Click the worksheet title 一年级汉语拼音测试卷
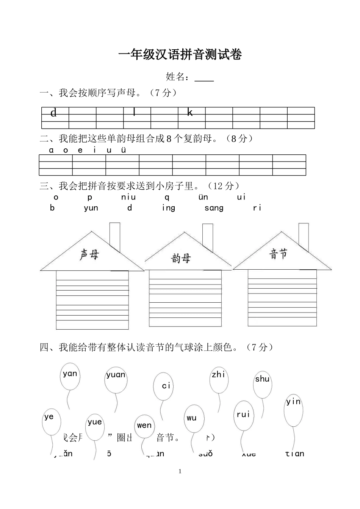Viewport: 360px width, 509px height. point(180,55)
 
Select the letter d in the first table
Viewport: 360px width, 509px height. point(53,113)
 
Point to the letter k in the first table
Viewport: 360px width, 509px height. point(190,112)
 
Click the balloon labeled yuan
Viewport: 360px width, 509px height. point(116,380)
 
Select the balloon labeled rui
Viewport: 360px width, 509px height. point(243,415)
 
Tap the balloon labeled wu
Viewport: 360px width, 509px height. point(194,419)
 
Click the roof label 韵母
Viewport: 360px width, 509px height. point(181,259)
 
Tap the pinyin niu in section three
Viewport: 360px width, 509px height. point(128,197)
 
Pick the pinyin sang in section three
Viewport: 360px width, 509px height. point(214,208)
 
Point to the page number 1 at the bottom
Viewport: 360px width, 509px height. point(180,471)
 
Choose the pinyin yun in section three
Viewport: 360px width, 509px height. point(91,208)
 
